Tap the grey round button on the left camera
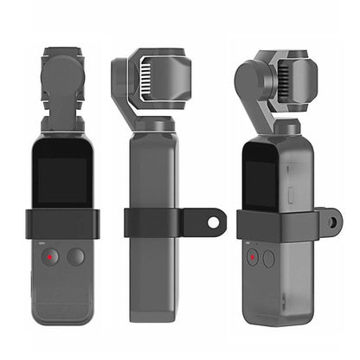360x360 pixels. pos(76,256)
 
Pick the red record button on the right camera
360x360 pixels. pos(253,257)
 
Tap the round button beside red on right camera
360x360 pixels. pos(268,258)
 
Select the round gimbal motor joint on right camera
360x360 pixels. pos(260,82)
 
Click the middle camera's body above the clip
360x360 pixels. pos(156,169)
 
